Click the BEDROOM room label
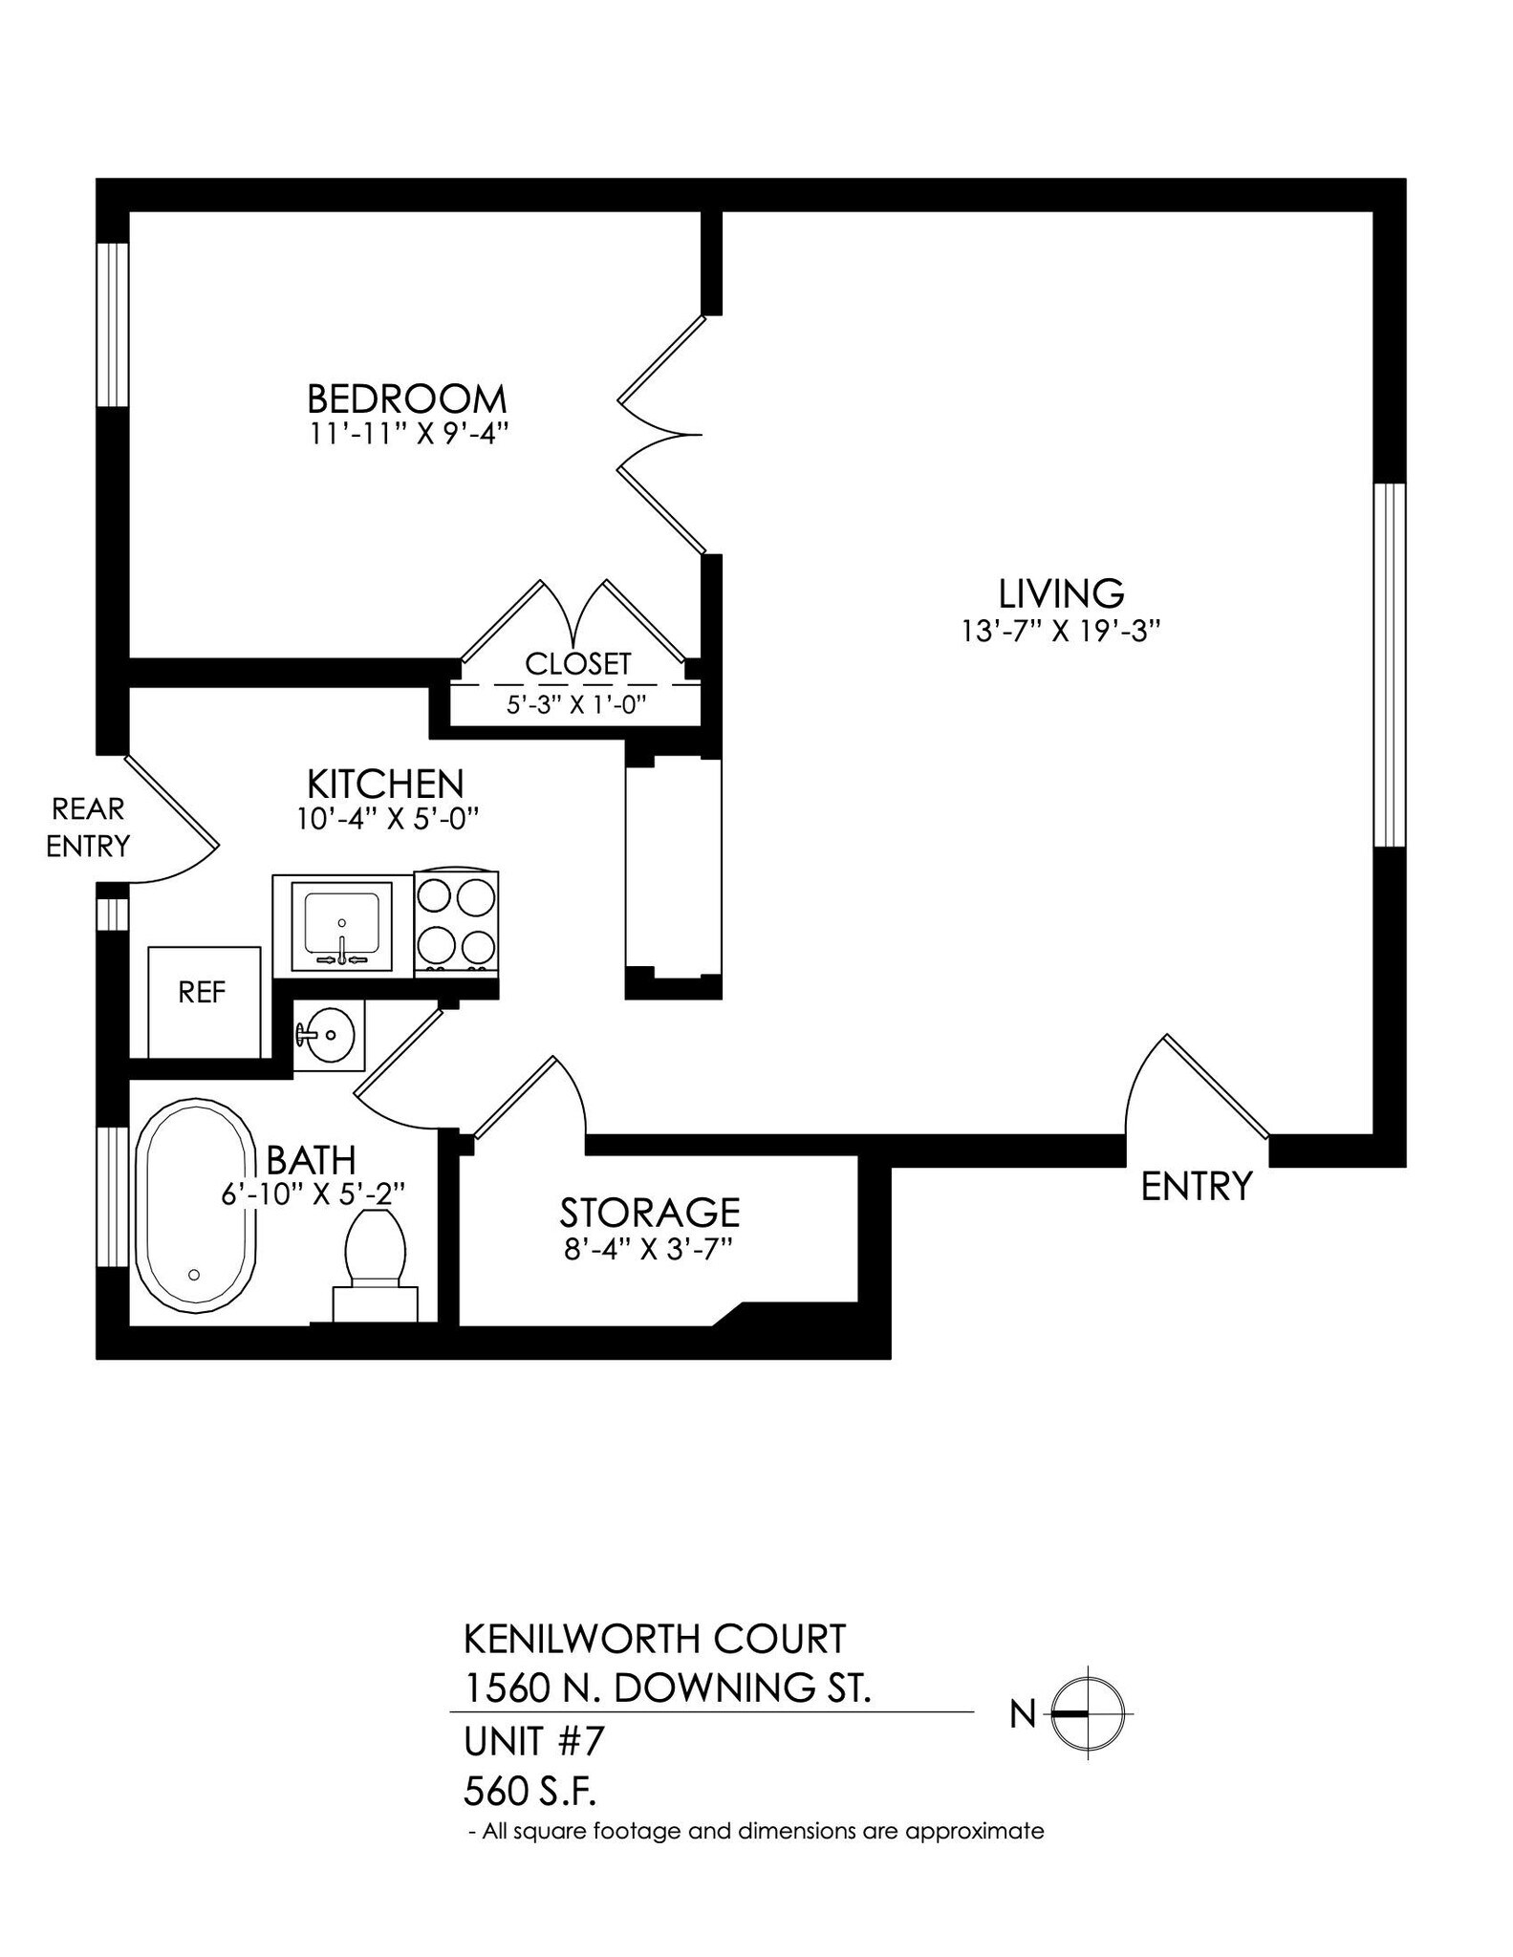(406, 398)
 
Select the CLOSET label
(578, 663)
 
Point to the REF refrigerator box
(204, 1000)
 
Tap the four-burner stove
(457, 923)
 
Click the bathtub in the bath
(194, 1204)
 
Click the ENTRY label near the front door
(1196, 1187)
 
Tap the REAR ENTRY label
(88, 828)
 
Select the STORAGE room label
(649, 1213)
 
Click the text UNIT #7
(534, 1741)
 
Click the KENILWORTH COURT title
(655, 1639)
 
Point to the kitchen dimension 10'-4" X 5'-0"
(386, 819)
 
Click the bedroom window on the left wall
(113, 325)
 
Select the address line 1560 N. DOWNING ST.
(667, 1688)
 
